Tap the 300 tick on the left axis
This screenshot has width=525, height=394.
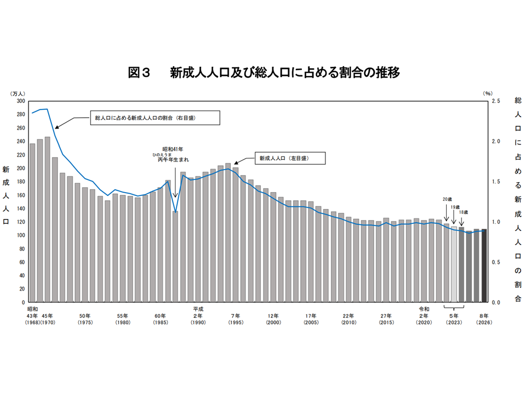tap(20, 101)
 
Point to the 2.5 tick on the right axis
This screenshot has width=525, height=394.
tap(497, 101)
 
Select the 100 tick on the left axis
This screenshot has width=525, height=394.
tap(20, 235)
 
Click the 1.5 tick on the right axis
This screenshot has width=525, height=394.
tap(497, 182)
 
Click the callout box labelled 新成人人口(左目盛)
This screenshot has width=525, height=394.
tap(289, 158)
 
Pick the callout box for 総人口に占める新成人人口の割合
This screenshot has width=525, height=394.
tap(155, 118)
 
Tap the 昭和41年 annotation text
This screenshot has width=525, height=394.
tap(173, 148)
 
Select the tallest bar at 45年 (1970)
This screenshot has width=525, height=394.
tap(48, 219)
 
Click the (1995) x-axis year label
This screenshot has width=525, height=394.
tap(236, 323)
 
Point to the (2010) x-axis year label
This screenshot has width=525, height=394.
tap(349, 323)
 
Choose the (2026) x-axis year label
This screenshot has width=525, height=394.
tap(484, 323)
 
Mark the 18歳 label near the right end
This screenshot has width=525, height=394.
tap(463, 212)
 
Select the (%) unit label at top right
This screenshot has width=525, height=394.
tap(488, 94)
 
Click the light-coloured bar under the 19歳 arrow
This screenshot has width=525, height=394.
tap(454, 264)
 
